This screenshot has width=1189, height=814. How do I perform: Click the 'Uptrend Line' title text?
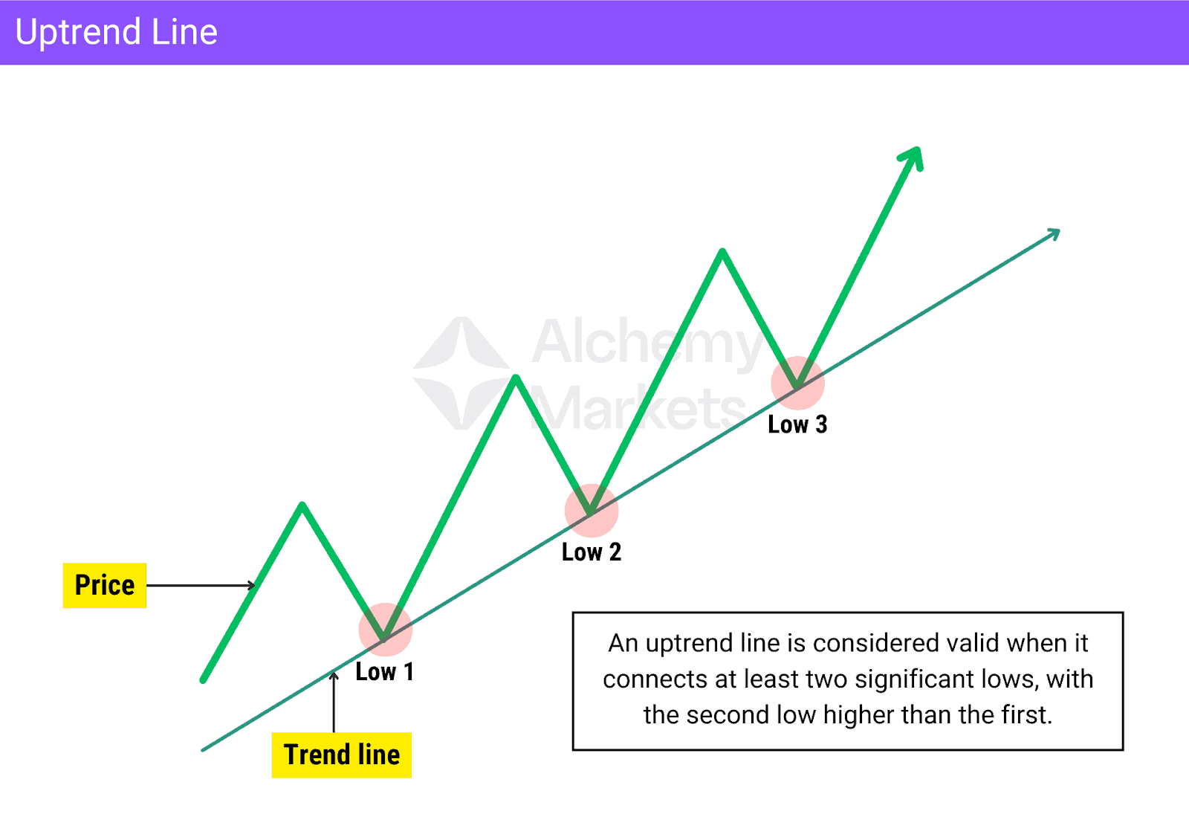(x=116, y=33)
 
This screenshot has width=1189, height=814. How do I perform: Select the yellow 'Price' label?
(x=105, y=586)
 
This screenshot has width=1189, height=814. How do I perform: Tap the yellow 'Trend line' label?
(x=342, y=755)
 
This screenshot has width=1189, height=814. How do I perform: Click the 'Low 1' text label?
(x=384, y=672)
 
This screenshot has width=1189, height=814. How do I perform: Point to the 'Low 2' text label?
(x=591, y=552)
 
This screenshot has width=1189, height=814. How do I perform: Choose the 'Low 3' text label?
(x=797, y=424)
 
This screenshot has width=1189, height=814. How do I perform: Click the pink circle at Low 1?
(x=385, y=630)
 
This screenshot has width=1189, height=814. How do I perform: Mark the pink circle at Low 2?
(x=592, y=511)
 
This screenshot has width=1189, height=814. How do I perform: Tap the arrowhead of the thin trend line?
(x=1054, y=233)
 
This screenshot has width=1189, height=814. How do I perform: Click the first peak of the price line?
(x=302, y=506)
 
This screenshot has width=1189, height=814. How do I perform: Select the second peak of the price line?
(x=516, y=378)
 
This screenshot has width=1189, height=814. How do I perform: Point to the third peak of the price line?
(x=722, y=252)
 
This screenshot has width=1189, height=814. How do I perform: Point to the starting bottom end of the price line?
(x=204, y=679)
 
